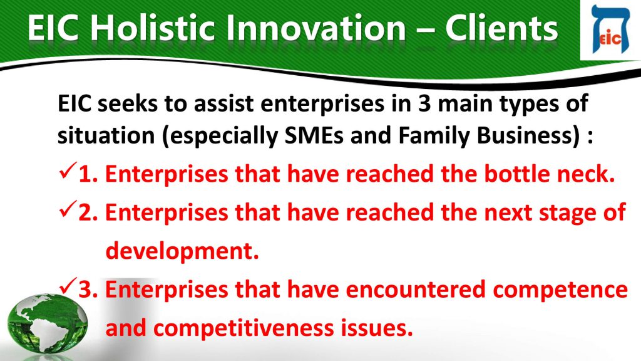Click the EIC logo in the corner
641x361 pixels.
click(x=610, y=30)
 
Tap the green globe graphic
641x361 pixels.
click(x=47, y=324)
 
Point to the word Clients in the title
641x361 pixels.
click(x=501, y=28)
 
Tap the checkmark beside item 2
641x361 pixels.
click(x=68, y=209)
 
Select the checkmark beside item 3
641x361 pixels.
click(x=68, y=286)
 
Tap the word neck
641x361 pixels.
click(x=586, y=174)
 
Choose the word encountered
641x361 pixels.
click(x=416, y=290)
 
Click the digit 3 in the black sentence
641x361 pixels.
click(x=424, y=103)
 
